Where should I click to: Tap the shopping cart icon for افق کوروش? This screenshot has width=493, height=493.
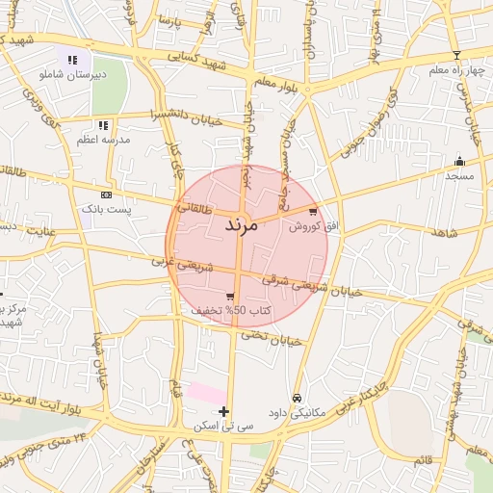coord(313,212)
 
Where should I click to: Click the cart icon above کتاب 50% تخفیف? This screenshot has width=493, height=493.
coord(230,297)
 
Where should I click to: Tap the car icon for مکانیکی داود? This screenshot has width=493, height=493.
coord(298,398)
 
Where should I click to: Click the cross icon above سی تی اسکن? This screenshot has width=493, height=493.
coord(224,412)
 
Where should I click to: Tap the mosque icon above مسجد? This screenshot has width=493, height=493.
coord(459,161)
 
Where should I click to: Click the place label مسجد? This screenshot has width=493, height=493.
coord(459,176)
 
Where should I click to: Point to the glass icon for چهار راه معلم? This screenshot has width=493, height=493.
coord(456,55)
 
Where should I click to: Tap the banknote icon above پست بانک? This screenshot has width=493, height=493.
coord(105,194)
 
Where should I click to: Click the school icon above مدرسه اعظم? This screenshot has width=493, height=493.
coord(104,125)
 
